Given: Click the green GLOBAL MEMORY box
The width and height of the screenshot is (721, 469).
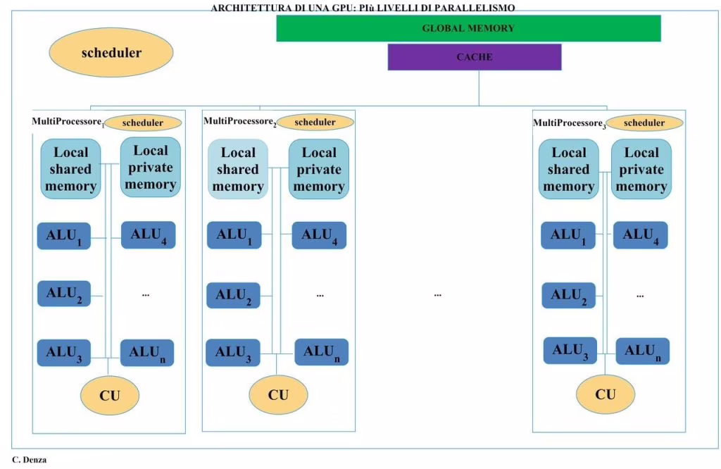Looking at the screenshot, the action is click(468, 28).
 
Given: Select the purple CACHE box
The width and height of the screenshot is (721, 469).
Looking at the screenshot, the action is click(475, 57).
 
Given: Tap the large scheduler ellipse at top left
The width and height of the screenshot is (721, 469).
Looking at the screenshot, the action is click(111, 52).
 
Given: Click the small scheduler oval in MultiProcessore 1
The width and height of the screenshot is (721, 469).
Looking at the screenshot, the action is click(143, 123).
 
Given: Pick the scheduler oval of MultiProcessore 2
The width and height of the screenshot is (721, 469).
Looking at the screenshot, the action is click(315, 123).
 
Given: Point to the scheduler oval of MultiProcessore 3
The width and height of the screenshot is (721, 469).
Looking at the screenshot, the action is click(644, 123).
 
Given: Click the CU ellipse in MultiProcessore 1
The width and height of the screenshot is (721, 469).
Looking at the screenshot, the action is click(110, 396).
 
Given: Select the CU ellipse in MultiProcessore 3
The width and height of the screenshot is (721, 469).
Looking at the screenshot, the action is click(606, 394).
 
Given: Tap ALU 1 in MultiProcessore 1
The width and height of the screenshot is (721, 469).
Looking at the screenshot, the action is click(64, 236).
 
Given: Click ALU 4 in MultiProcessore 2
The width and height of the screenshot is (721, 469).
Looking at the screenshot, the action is click(319, 235).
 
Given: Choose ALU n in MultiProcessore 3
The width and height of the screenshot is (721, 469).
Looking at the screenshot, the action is click(642, 351).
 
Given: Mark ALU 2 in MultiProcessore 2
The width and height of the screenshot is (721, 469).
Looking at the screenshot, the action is click(233, 295).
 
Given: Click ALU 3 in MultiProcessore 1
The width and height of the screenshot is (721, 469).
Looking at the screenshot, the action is click(64, 353).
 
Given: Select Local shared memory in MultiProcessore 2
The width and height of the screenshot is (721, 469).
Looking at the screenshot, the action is click(238, 169).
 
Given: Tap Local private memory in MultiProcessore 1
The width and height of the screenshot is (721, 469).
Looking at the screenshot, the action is click(151, 168).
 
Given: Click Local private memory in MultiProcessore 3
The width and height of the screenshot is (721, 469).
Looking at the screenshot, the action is click(641, 169).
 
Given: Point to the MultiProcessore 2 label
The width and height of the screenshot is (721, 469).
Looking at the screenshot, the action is click(240, 121).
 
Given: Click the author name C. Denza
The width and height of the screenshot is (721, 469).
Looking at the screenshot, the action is click(30, 460).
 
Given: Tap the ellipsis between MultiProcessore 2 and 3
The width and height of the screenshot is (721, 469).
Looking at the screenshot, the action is click(438, 295).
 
